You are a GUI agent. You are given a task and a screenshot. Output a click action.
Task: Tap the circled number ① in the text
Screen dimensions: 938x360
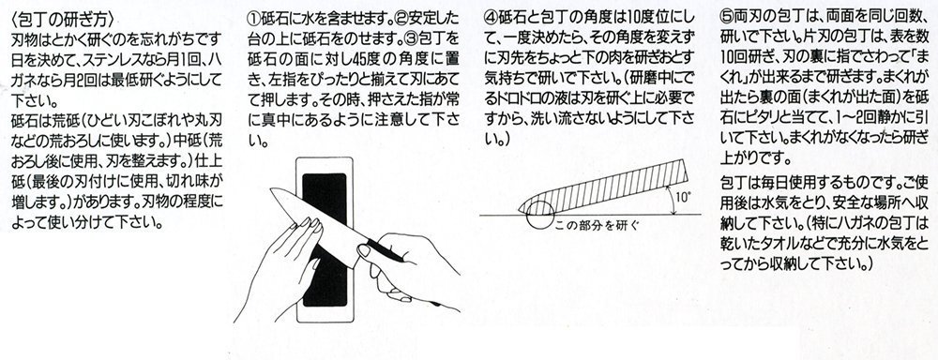[253, 19]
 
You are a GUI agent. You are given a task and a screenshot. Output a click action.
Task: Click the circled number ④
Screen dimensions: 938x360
[490, 19]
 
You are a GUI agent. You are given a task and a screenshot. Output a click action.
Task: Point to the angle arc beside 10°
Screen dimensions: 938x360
[671, 199]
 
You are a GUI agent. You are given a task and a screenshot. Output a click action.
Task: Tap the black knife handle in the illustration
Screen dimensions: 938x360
[384, 251]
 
